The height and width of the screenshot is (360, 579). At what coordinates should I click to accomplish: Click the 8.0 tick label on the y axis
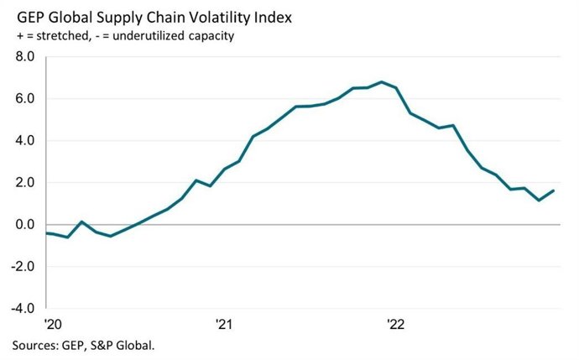[x=23, y=57]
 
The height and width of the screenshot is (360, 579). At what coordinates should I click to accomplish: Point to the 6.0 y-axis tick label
[x=23, y=99]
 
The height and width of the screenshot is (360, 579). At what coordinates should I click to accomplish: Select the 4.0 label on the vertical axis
[x=23, y=141]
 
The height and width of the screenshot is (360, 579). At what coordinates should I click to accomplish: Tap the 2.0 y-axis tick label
[x=23, y=183]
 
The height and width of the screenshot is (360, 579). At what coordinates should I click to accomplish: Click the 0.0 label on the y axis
[x=23, y=225]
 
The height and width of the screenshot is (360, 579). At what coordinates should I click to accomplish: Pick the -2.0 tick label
[x=21, y=267]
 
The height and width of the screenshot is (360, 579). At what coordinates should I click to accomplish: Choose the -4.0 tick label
[x=21, y=309]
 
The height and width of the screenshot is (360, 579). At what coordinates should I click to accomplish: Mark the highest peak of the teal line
[x=382, y=82]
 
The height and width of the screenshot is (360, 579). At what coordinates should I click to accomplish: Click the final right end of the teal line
[x=554, y=190]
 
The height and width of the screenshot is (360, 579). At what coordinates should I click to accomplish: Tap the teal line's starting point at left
[x=47, y=232]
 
